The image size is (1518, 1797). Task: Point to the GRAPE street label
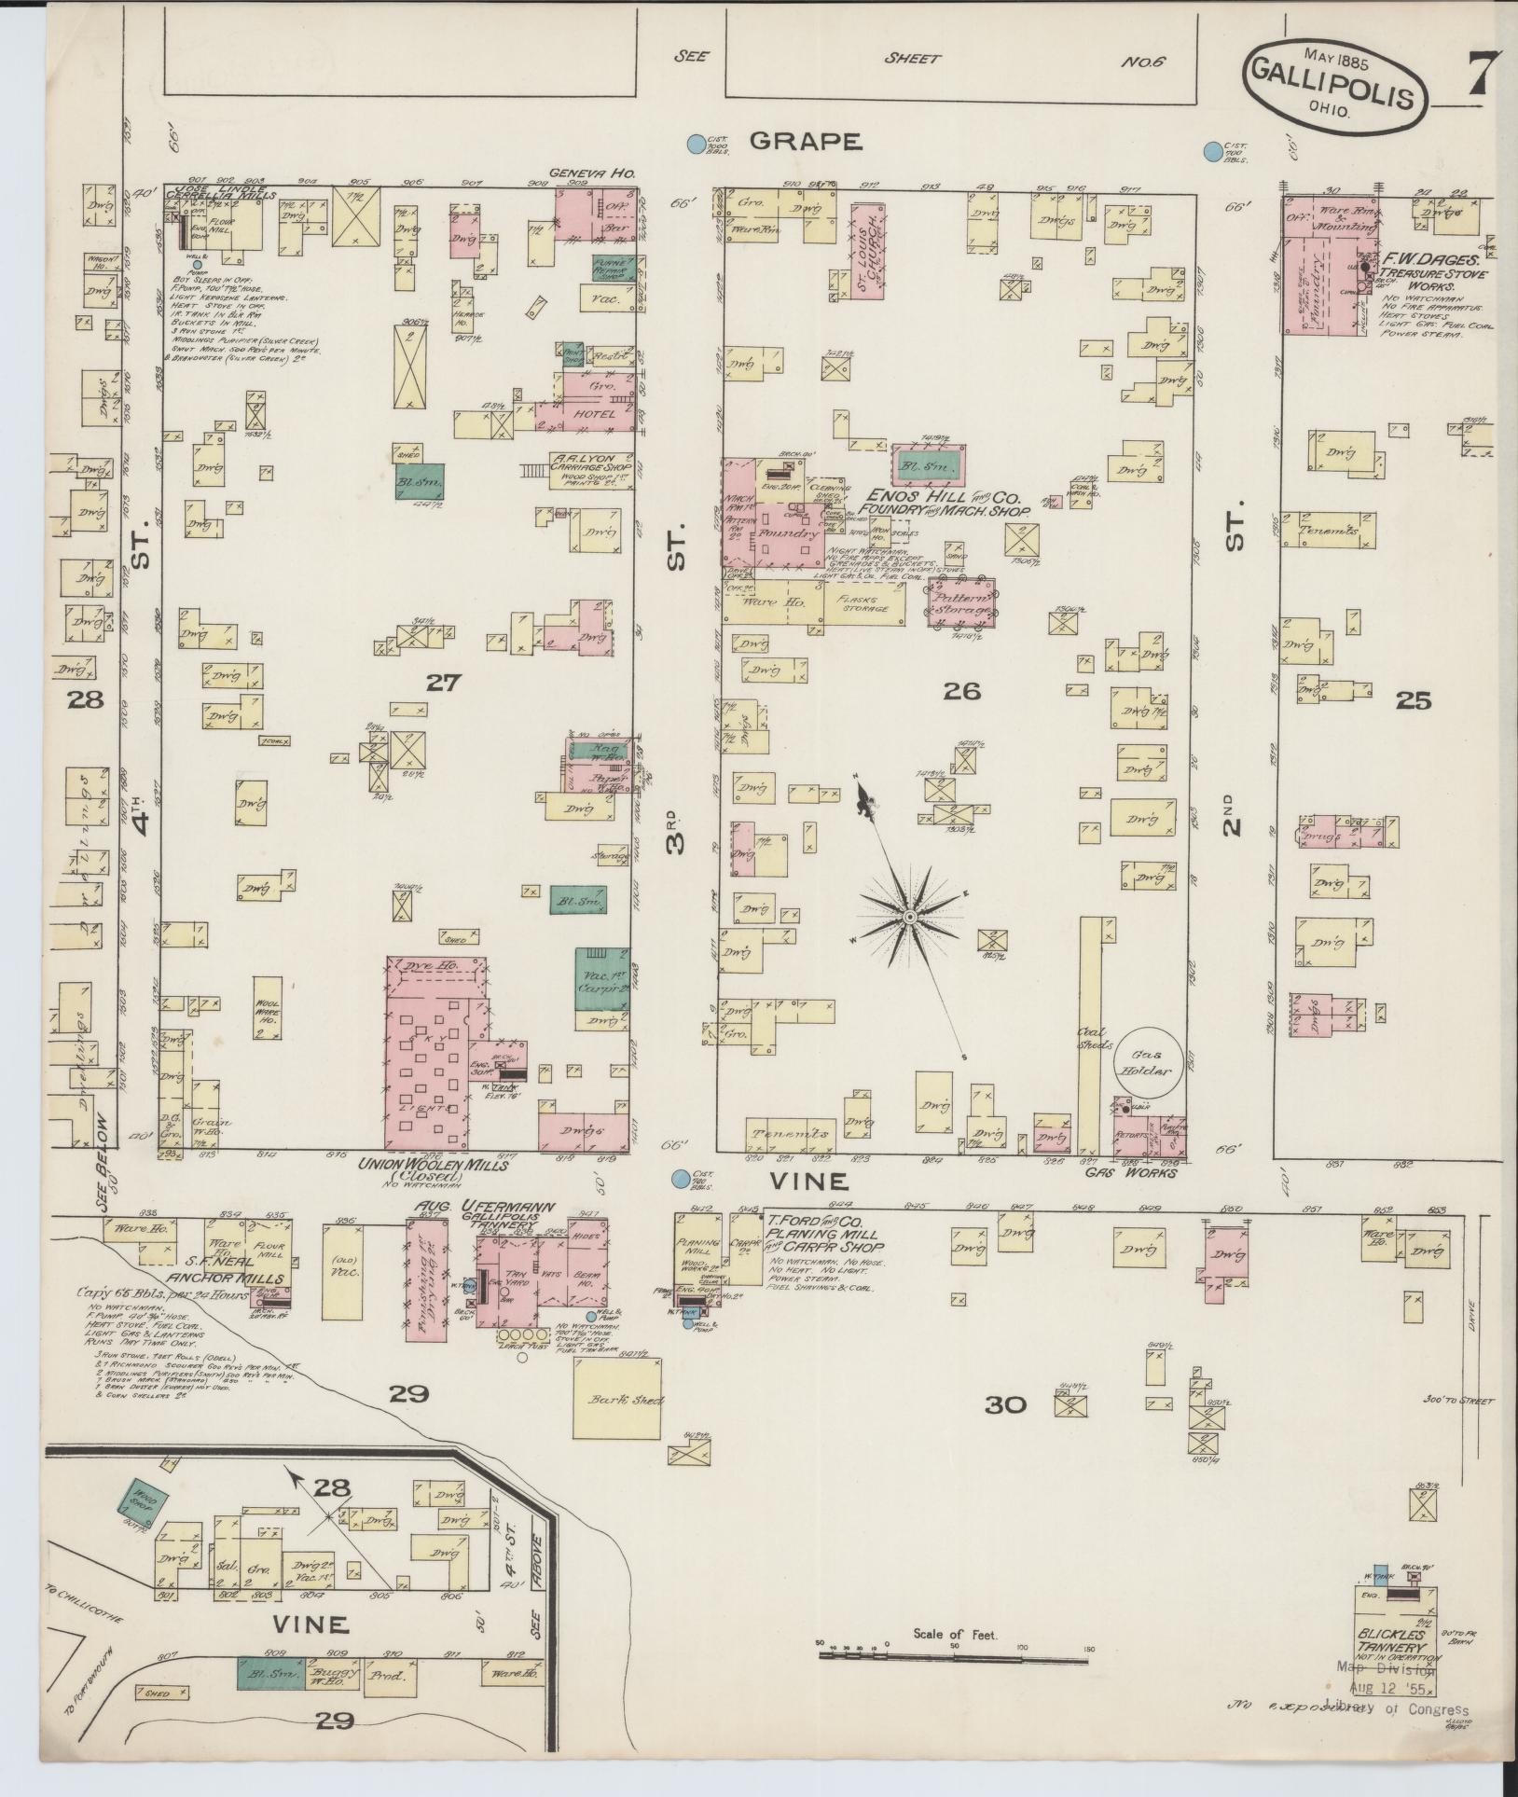coord(805,143)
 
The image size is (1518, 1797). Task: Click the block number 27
coord(443,684)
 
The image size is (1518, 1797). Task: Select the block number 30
coord(1005,1403)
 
